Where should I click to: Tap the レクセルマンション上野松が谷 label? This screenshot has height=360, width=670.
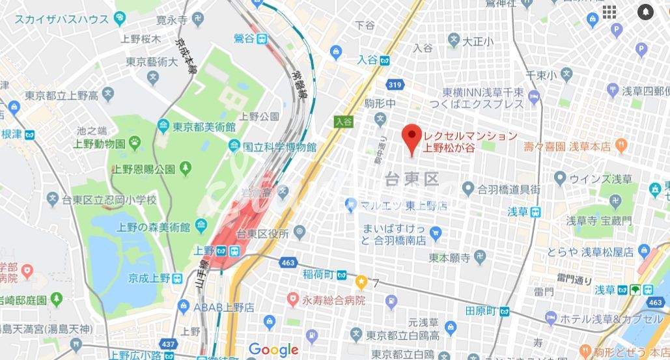(470, 142)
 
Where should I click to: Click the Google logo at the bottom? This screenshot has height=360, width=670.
(273, 350)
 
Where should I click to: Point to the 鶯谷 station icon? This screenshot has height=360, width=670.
(262, 38)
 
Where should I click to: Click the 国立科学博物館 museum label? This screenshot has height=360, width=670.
(279, 147)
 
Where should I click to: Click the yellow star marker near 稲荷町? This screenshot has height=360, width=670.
(361, 281)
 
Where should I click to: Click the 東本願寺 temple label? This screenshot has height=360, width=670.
(449, 257)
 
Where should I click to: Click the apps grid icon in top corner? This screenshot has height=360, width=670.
(609, 12)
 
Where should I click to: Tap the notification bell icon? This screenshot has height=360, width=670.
(645, 12)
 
